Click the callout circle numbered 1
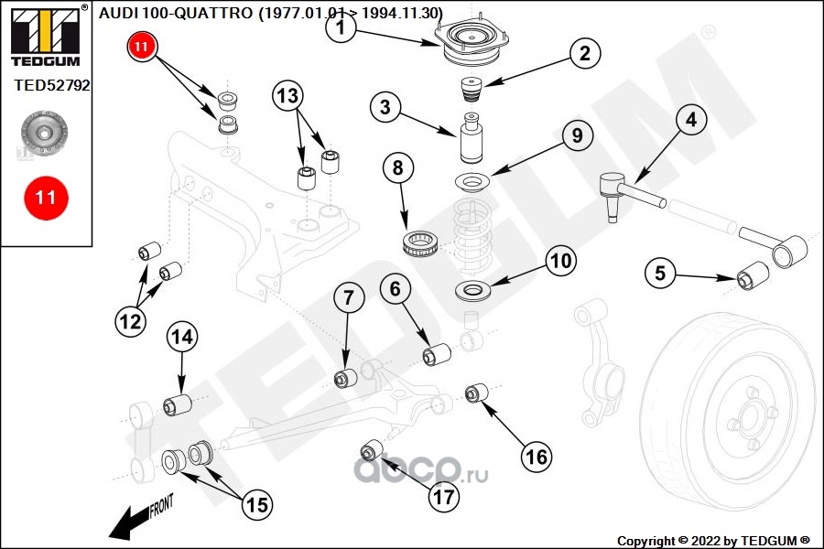340,29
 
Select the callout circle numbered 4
690,120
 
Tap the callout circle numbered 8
397,168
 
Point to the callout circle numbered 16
537,454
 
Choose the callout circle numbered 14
181,337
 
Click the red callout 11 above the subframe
142,47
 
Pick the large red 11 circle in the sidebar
46,197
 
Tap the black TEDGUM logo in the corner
46,36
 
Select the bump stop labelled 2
471,91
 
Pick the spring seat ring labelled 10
473,293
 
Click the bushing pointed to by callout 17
372,451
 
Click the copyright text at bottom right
713,540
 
